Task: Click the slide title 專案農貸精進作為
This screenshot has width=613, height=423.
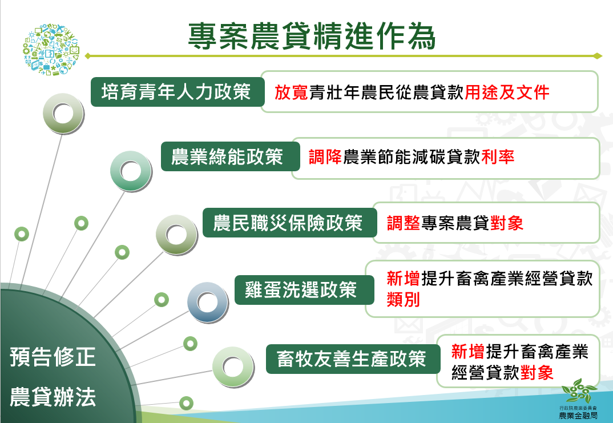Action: [312, 36]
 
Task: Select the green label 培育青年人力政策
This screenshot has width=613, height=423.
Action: [176, 92]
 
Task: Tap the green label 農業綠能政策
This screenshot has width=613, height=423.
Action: [228, 157]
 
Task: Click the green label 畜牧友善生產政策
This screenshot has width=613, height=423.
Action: [352, 359]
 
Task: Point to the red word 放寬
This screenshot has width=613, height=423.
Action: [291, 92]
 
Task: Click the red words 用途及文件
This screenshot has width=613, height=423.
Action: [507, 92]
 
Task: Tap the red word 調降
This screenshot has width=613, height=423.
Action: [325, 157]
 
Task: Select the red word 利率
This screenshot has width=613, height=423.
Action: [498, 157]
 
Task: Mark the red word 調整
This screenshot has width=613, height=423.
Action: [404, 223]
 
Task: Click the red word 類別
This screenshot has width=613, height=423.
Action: [403, 299]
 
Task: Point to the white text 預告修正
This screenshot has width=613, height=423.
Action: [53, 358]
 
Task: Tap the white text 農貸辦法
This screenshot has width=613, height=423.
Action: [53, 397]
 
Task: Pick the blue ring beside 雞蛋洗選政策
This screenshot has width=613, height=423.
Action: [208, 302]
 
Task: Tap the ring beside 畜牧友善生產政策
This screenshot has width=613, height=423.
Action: [233, 366]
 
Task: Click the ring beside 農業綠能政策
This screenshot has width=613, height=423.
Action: [131, 170]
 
